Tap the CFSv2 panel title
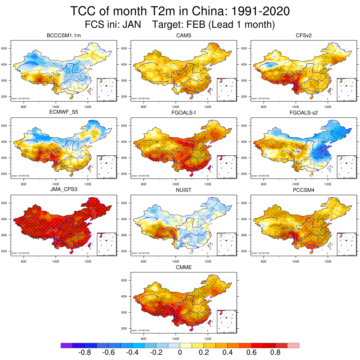click(303, 36)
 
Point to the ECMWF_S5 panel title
click(64, 113)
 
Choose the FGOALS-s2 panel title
click(303, 113)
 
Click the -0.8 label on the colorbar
click(84, 353)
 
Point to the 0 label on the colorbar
click(180, 353)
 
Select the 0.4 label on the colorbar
click(227, 353)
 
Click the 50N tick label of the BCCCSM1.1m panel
click(5, 48)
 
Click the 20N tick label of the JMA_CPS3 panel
click(5, 251)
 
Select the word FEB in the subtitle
click(195, 25)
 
